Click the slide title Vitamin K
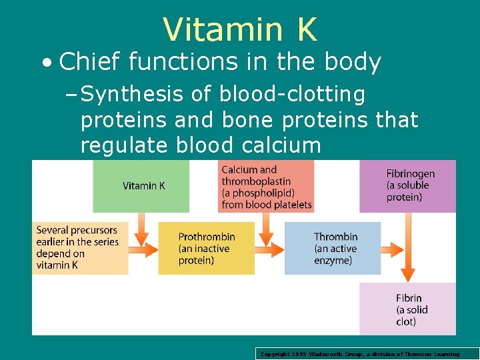point(240,29)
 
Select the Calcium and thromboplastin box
point(266,187)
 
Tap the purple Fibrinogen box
point(408,186)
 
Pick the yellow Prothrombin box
point(206,248)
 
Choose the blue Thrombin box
point(333,248)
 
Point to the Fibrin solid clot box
point(408,309)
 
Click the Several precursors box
point(79,247)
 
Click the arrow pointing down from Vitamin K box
point(141,229)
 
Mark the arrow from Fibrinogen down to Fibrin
point(408,247)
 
